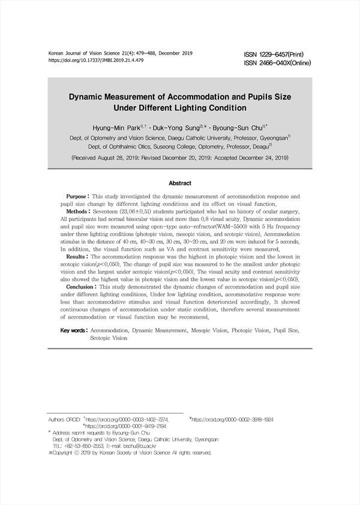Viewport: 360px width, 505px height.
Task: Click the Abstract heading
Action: click(x=180, y=183)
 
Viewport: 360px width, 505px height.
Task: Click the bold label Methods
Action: click(x=78, y=212)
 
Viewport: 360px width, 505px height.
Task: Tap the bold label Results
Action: click(x=77, y=257)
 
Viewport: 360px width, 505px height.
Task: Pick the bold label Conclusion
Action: click(x=82, y=288)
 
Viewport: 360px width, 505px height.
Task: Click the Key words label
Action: click(x=74, y=330)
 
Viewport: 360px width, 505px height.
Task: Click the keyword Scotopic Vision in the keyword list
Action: click(x=109, y=338)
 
